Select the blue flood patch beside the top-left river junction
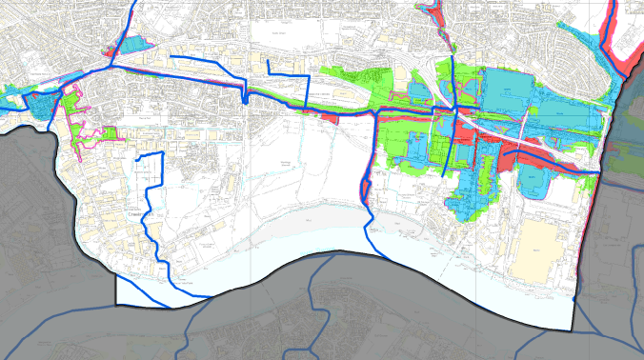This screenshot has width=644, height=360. point(134,43)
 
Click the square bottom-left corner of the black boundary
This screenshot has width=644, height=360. point(116,305)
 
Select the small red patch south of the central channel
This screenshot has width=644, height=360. point(327,116)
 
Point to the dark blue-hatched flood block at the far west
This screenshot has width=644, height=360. point(36,103)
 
